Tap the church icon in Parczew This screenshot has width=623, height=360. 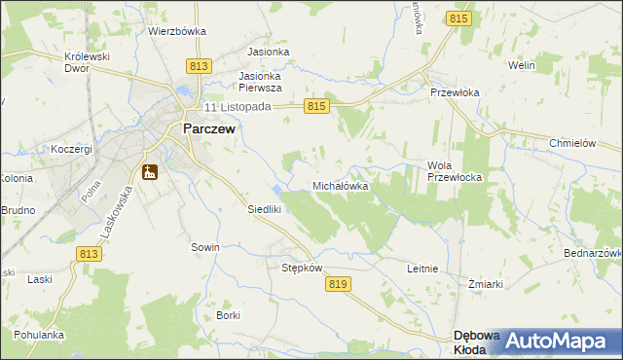point(150,172)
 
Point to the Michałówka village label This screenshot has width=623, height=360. point(341,185)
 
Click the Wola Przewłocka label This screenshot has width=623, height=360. point(455,171)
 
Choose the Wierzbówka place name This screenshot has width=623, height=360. point(177,31)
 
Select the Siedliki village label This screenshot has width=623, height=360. point(264,209)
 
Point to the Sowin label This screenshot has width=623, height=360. point(204,247)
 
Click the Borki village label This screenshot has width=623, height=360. point(229,315)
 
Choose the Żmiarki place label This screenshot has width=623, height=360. point(485,284)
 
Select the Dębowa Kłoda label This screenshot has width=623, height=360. point(477,342)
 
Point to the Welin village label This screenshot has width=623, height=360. point(522,65)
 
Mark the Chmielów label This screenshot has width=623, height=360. point(571,142)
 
